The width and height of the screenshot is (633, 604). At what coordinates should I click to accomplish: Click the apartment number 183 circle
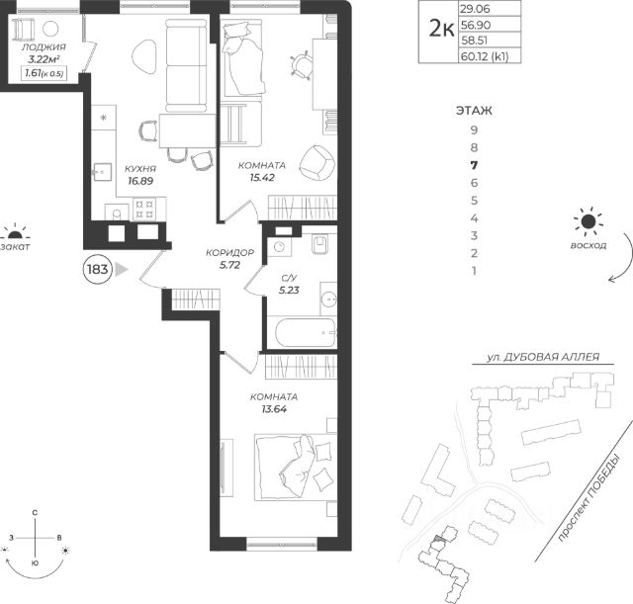click(97, 269)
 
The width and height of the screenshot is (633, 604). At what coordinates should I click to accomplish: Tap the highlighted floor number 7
click(474, 165)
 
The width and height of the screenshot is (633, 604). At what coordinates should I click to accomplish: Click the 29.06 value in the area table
click(475, 9)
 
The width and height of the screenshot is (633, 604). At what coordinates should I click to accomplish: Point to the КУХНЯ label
click(140, 169)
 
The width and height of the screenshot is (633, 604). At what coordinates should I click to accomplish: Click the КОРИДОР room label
click(229, 253)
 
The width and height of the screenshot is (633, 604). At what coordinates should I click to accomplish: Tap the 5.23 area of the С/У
click(289, 290)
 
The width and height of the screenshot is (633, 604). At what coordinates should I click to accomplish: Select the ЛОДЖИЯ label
click(44, 46)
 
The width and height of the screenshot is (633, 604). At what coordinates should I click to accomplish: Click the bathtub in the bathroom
click(306, 333)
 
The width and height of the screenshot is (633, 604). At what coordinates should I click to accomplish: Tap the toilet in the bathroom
click(319, 244)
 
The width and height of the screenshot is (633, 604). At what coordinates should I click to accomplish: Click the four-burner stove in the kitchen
click(144, 209)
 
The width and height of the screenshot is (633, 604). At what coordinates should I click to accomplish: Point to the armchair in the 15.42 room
click(317, 162)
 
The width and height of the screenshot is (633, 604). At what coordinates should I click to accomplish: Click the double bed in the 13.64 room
click(296, 468)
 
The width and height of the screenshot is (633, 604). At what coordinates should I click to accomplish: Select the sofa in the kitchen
click(186, 66)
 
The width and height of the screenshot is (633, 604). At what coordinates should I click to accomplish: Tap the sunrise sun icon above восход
click(588, 221)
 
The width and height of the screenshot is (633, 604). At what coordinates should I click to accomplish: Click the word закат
click(15, 247)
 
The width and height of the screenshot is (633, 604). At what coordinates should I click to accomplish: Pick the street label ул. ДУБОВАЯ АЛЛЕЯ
click(543, 357)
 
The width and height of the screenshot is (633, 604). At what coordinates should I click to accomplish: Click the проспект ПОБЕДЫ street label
click(588, 498)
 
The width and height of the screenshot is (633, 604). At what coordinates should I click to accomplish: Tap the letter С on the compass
click(36, 513)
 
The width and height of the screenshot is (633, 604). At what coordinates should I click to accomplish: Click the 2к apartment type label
click(441, 29)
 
